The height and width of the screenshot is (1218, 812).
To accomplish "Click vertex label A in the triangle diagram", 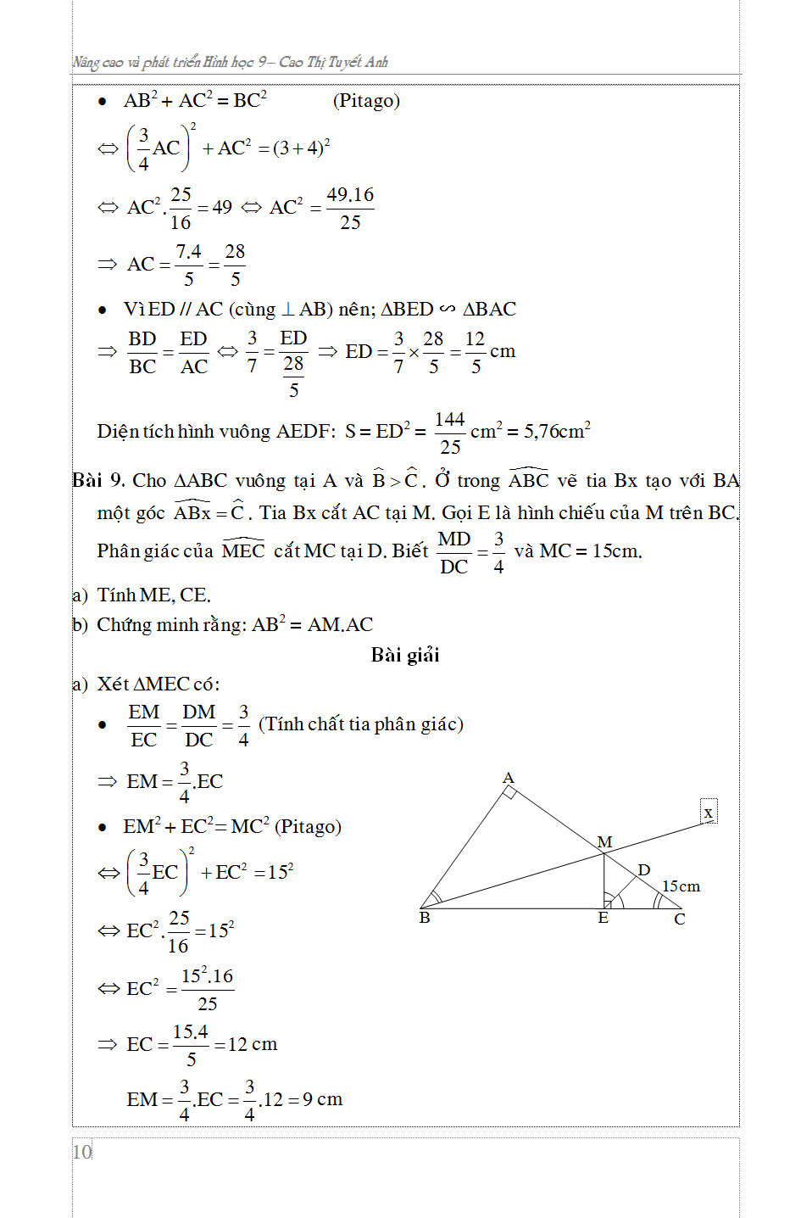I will point(508,778).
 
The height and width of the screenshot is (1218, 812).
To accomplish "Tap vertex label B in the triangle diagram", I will point(425,918).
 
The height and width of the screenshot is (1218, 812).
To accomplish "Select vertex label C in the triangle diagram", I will point(680,919).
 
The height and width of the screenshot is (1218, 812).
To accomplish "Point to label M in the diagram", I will point(604,842).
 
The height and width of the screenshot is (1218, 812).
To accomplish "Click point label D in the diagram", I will point(644,870).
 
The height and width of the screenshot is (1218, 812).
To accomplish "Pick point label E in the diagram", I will point(603,919).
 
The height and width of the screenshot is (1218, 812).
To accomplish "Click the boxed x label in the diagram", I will point(709,813).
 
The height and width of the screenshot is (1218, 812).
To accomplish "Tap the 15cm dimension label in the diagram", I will point(681,886).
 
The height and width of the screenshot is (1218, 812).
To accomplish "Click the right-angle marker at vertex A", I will point(509,792).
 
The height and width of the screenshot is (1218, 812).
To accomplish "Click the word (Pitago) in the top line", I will point(366,101).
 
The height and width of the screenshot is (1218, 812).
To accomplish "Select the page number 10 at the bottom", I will point(82,1152).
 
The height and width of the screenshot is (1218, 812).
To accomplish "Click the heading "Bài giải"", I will point(405,655).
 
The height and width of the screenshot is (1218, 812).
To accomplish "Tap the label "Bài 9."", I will point(99,481).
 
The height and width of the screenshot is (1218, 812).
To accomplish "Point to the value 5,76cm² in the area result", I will point(557,431).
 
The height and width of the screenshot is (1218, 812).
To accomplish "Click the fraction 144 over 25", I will point(450,433).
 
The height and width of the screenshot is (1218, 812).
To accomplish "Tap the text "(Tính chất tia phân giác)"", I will point(361,724).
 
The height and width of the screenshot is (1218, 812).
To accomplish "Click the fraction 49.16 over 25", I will point(350,209).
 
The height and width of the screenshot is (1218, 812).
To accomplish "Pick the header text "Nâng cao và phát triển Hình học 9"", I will point(170,62).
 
